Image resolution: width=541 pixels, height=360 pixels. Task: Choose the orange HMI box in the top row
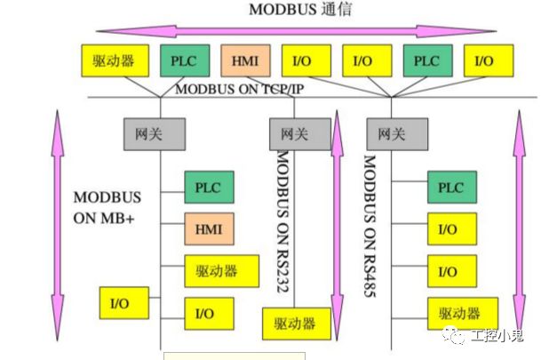pyautogui.click(x=244, y=60)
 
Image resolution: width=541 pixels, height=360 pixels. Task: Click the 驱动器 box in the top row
pyautogui.click(x=113, y=60)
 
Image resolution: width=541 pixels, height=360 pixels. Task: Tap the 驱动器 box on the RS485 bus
pyautogui.click(x=459, y=313)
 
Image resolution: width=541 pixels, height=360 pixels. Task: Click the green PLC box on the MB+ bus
pyautogui.click(x=208, y=188)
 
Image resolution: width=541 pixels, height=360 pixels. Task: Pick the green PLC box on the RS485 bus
pyautogui.click(x=451, y=188)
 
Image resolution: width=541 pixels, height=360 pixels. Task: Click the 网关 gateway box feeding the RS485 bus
pyautogui.click(x=391, y=135)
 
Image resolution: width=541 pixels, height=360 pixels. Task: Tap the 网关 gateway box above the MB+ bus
pyautogui.click(x=154, y=135)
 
